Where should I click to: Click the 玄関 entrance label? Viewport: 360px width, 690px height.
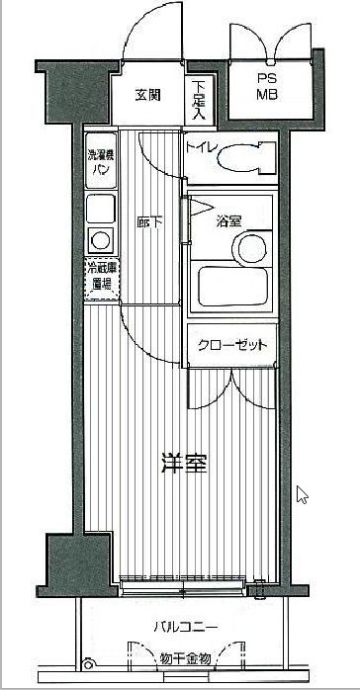pos(148,95)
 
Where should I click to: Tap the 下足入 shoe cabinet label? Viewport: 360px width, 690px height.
pos(199,100)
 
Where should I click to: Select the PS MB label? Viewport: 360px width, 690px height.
pos(268,88)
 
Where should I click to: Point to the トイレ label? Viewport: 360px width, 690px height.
pos(201,150)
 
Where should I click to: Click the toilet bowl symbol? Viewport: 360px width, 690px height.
pos(243,159)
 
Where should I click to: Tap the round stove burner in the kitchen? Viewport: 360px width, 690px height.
pos(100,238)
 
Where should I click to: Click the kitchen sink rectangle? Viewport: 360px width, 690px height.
pos(100,208)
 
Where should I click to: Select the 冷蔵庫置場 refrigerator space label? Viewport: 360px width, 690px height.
pos(101,277)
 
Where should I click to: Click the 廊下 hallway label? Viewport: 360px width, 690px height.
pos(147,222)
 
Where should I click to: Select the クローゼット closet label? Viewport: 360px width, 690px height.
pos(232,344)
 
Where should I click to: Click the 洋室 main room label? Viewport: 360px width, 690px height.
pos(185,463)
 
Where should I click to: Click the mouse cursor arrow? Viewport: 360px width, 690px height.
pos(303,494)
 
